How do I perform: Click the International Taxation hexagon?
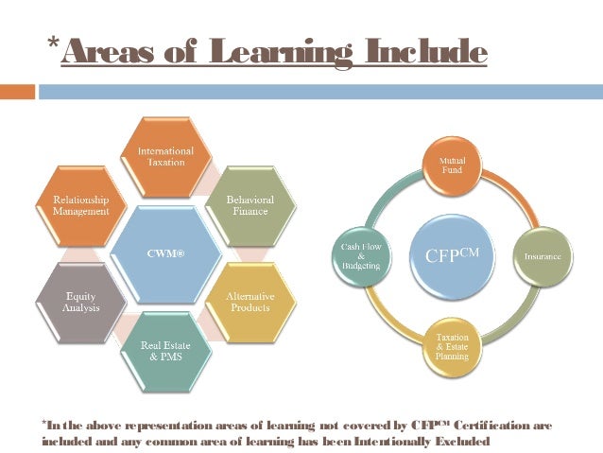coord(166,156)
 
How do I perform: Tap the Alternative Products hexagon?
coord(250,303)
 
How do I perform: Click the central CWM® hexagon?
coord(166,253)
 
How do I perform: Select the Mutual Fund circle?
coord(451,167)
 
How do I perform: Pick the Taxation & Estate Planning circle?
coord(452,346)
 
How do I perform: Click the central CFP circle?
coord(451,256)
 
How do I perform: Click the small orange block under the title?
coord(17,92)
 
